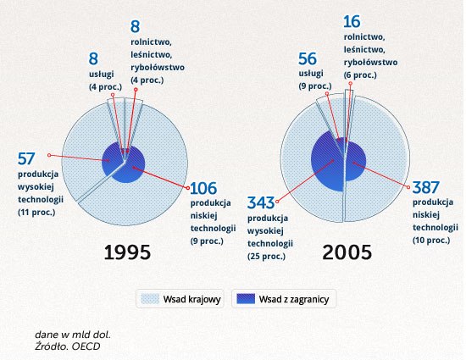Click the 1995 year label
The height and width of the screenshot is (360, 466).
pyautogui.click(x=127, y=252)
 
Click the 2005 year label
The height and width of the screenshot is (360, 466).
pyautogui.click(x=347, y=252)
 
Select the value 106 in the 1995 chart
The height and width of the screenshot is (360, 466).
pyautogui.click(x=203, y=188)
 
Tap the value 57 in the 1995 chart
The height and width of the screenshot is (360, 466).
pyautogui.click(x=26, y=158)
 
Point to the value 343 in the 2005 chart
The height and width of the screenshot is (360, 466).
pyautogui.click(x=261, y=203)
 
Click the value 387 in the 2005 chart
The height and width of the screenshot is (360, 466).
pyautogui.click(x=426, y=187)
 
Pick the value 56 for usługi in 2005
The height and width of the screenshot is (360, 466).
pyautogui.click(x=308, y=58)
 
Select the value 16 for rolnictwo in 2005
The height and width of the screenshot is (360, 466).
pyautogui.click(x=352, y=22)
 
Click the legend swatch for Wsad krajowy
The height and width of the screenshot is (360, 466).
pyautogui.click(x=150, y=299)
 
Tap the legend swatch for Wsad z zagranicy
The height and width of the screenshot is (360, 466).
pyautogui.click(x=246, y=299)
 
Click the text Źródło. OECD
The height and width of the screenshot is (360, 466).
pyautogui.click(x=68, y=346)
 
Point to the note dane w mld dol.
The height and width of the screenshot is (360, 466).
pyautogui.click(x=73, y=335)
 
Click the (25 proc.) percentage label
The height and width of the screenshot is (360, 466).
pyautogui.click(x=266, y=256)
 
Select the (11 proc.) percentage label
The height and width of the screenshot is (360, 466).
pyautogui.click(x=36, y=213)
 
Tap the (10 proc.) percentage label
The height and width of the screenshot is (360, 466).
pyautogui.click(x=431, y=240)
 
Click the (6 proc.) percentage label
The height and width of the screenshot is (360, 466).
pyautogui.click(x=360, y=75)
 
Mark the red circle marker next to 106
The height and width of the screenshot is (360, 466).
pyautogui.click(x=188, y=188)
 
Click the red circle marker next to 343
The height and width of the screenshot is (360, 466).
pyautogui.click(x=277, y=202)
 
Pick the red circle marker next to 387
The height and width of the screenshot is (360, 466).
pyautogui.click(x=408, y=187)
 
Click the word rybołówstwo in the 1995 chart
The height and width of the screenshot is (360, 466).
pyautogui.click(x=158, y=68)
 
